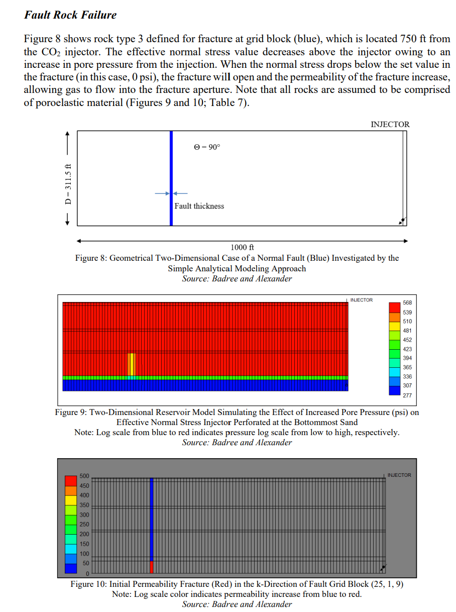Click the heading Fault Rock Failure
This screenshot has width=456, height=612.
point(70,15)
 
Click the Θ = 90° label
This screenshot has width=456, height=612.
point(207,147)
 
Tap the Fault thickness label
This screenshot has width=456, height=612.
point(199,206)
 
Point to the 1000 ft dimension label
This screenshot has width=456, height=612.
point(242,247)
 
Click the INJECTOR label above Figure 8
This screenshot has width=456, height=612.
point(390,124)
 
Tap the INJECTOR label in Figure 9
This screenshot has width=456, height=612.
point(361,300)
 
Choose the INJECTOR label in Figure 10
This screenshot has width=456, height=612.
point(399,475)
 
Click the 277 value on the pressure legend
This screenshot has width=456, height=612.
point(407,395)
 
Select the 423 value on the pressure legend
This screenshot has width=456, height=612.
point(407,349)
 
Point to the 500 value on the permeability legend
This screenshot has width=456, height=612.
point(84,476)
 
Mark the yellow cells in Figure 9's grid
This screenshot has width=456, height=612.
point(132,364)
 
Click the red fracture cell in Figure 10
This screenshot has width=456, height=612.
point(152,567)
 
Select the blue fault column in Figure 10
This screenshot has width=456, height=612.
point(152,518)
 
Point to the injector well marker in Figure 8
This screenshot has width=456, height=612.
point(402,220)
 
